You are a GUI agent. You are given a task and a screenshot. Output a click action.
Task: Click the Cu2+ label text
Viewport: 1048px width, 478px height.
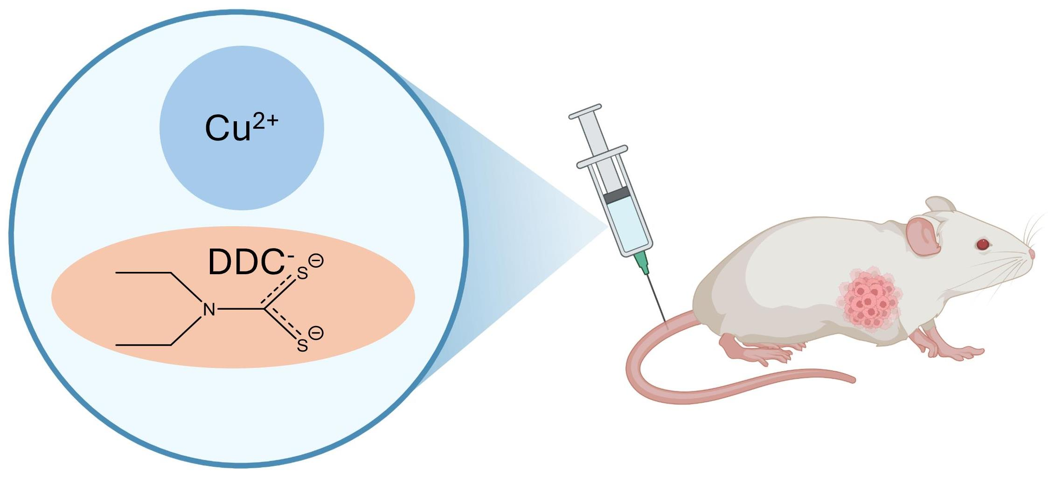coord(241,128)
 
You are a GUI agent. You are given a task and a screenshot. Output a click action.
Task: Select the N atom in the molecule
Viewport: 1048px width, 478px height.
coord(209,309)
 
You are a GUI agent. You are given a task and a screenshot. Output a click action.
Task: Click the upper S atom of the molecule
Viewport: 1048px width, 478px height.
coord(302,273)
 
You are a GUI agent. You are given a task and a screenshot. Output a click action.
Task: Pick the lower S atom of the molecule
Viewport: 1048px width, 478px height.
coord(302,346)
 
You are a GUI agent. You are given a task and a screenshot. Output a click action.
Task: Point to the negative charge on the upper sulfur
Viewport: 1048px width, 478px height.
coord(316,261)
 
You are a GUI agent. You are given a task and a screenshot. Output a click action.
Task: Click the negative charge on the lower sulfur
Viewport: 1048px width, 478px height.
coord(316,333)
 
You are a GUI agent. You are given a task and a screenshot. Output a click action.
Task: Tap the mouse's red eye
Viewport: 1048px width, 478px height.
coord(983,244)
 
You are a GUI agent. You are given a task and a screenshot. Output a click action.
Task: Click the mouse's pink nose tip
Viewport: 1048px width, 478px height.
coord(1032,254)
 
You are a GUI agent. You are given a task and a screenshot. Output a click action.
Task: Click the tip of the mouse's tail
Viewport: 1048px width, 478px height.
coord(853,379)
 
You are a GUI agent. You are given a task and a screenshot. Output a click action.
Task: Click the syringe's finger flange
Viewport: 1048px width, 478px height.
coord(602,156)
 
